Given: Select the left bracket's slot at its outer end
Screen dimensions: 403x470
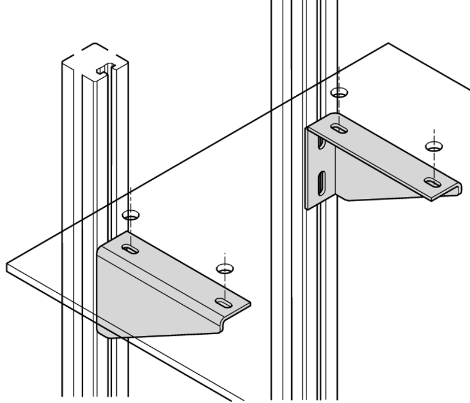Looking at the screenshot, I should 224,302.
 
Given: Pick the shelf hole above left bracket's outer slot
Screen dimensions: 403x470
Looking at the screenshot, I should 224,267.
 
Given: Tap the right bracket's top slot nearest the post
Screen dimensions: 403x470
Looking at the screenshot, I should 339,128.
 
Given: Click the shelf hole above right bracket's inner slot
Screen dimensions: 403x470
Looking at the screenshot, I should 339,93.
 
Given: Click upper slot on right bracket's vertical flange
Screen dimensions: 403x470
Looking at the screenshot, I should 322,143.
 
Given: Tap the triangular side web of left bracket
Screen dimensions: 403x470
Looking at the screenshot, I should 150,299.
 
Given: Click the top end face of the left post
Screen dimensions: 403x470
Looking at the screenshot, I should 90,60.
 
